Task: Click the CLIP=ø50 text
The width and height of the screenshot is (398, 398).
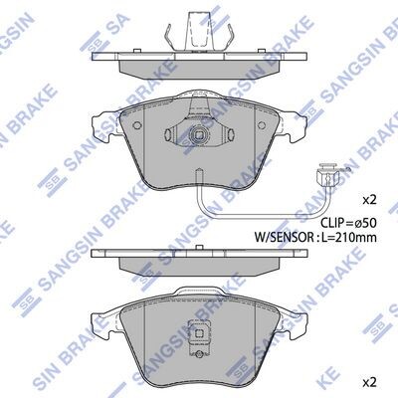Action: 348,223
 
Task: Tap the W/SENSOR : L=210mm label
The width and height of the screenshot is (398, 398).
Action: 315,237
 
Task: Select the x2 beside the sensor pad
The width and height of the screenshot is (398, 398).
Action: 370,200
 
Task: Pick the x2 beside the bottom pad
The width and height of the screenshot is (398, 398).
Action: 370,383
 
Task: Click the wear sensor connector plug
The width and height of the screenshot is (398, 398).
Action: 327,175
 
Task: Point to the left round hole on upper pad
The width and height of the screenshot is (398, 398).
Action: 137,125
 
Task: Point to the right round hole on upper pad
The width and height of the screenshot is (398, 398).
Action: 262,125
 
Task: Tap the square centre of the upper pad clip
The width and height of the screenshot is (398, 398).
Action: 199,135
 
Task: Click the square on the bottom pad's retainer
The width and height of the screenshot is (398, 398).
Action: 199,334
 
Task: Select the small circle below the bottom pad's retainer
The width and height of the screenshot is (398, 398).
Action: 199,354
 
